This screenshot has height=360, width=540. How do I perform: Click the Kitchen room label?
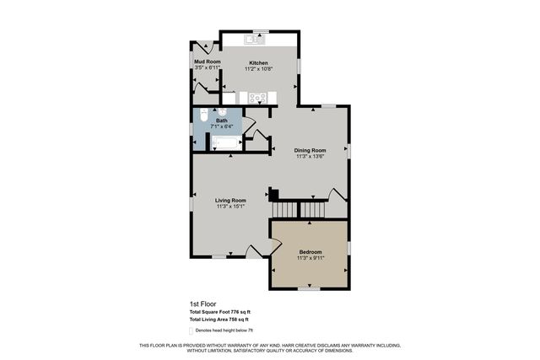click(x=258, y=63)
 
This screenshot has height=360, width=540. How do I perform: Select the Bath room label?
click(x=221, y=121)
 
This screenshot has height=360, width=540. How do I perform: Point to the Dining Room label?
click(x=310, y=150)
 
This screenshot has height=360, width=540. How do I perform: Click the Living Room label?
click(x=230, y=200)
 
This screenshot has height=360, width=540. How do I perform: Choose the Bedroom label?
click(x=310, y=251)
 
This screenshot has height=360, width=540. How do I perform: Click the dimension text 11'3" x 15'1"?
click(x=230, y=207)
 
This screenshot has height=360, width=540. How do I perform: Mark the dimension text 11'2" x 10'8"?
click(x=258, y=69)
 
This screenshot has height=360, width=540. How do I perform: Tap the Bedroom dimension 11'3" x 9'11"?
click(x=310, y=258)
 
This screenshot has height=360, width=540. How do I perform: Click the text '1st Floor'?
click(x=201, y=305)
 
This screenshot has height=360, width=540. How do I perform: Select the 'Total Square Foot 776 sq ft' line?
click(x=220, y=313)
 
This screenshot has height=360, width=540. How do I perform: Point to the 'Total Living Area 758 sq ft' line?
click(x=219, y=320)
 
